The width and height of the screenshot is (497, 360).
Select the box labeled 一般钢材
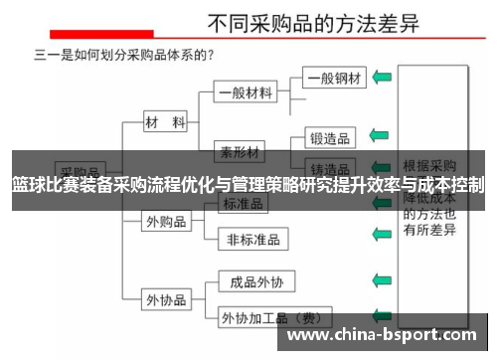click(x=335, y=77)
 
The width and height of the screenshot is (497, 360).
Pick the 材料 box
click(x=165, y=122)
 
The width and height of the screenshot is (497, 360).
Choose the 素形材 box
click(x=242, y=153)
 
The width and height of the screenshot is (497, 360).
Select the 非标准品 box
click(x=252, y=239)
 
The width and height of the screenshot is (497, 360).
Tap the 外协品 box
click(x=166, y=297)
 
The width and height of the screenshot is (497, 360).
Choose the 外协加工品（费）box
click(x=269, y=318)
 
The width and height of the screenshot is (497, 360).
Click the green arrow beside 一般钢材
click(x=381, y=77)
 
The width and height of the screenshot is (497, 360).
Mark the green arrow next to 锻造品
click(x=379, y=134)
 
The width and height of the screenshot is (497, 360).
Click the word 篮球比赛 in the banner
click(x=44, y=185)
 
